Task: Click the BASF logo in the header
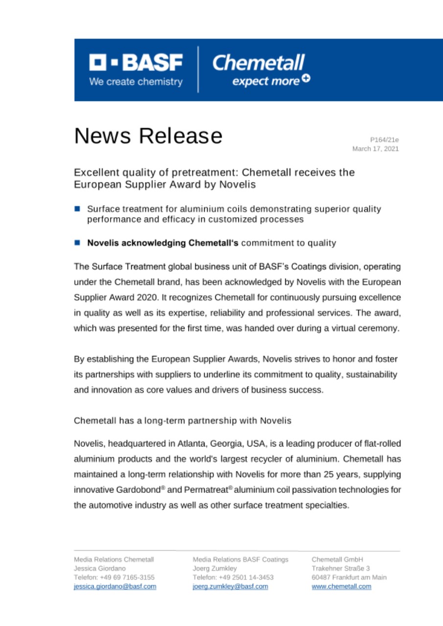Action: click(x=136, y=70)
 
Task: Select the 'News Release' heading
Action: click(x=148, y=135)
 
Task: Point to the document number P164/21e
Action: click(x=385, y=140)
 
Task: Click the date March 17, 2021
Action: click(x=375, y=149)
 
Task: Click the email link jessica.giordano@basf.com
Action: click(x=115, y=586)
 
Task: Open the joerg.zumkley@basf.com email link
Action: click(x=231, y=586)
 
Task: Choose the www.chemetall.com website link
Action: click(x=341, y=586)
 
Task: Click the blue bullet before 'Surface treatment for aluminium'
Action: click(x=77, y=209)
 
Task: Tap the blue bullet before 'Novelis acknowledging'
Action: click(x=77, y=242)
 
